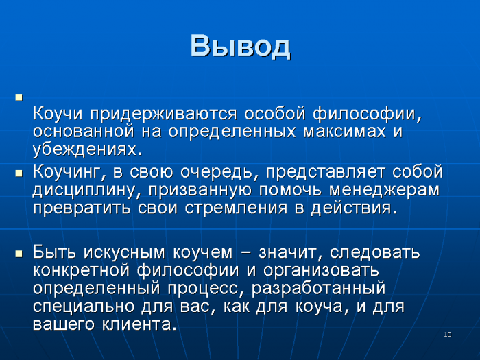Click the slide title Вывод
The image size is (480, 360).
tap(240, 47)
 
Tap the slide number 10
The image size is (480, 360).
tap(448, 335)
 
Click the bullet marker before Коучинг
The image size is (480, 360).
tap(19, 173)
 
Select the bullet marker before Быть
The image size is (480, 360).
tap(19, 254)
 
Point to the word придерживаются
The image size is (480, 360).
tap(163, 115)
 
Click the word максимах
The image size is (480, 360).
tap(344, 132)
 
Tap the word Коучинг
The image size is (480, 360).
tap(67, 172)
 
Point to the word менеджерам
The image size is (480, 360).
tap(384, 191)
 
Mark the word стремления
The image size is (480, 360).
tap(236, 208)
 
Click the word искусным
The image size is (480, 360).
tap(124, 253)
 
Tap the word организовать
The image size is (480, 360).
tap(321, 271)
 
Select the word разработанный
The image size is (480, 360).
tap(318, 289)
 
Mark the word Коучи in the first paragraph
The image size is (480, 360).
tap(58, 114)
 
